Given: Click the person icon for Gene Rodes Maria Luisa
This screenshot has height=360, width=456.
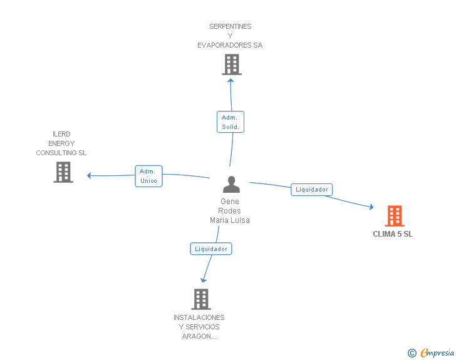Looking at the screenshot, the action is pos(231,184).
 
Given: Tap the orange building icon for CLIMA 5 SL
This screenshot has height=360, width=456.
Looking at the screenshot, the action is pos(395,216).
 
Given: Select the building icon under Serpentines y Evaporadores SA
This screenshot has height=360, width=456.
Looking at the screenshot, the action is pos(232,64).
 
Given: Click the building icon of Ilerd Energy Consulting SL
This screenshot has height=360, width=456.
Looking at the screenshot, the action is pos(63,172).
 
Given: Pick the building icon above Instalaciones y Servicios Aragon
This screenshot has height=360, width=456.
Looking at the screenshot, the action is pos(201,299).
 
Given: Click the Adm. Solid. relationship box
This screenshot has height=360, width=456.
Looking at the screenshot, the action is pos(231,122).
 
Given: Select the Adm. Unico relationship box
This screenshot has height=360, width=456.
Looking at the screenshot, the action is pos(148,176).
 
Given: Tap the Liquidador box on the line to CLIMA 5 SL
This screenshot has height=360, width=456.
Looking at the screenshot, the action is pos(312,190).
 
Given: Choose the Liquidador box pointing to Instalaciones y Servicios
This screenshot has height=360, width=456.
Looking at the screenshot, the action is pos(211,249).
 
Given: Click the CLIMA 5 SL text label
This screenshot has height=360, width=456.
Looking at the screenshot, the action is pos(393,234).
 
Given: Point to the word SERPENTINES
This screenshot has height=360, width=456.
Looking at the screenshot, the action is pos(231,26).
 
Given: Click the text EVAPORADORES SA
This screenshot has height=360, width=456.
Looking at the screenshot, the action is pos(230,45).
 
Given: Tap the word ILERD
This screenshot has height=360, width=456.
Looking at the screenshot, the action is pos(61,134).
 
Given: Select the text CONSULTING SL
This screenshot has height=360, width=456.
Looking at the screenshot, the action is pos(61,153).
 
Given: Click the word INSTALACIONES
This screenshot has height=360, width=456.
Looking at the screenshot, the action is pos(199,317).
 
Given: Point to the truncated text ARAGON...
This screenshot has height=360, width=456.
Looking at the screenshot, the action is pos(199,336).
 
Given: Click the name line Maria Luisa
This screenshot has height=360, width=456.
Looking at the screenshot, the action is pos(230,220).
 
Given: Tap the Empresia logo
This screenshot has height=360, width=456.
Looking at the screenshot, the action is pos(431,352).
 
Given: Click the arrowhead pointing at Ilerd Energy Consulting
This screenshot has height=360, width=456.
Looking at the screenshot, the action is pos(90,176).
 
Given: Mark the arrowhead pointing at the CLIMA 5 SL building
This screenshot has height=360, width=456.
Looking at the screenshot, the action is pos(371,207).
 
